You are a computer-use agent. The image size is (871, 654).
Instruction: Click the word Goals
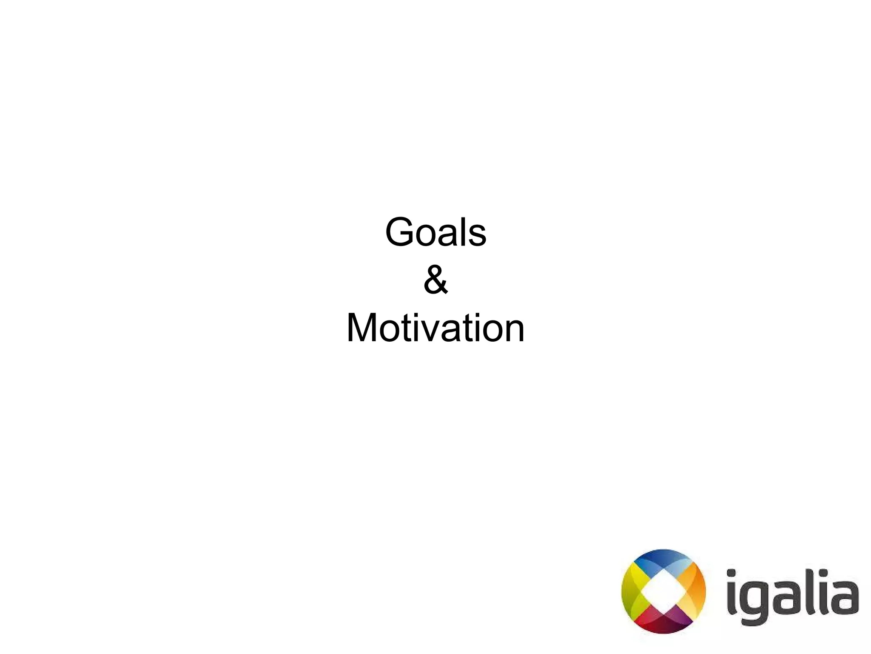(435, 232)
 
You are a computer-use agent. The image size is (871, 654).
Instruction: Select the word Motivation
(435, 328)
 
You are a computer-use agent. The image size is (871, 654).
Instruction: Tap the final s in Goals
(477, 236)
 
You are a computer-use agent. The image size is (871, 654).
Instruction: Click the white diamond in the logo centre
(663, 592)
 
